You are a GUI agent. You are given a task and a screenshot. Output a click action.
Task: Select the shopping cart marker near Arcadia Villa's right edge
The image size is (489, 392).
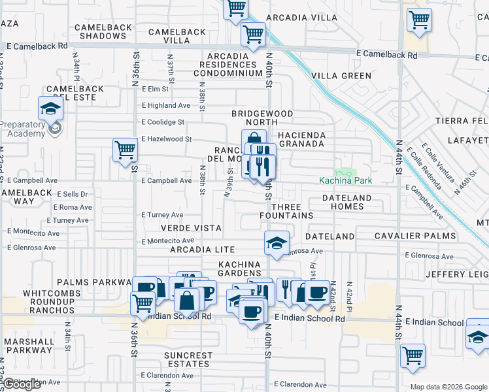(x=418, y=20)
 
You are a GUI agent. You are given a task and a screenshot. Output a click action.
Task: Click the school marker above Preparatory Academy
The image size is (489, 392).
(x=50, y=108)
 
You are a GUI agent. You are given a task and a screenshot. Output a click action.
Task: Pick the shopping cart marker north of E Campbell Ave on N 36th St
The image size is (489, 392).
(x=124, y=150)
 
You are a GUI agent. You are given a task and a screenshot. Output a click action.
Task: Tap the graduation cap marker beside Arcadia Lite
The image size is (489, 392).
(x=277, y=243)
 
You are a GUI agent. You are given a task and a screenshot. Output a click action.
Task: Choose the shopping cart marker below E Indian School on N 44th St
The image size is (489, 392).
(x=413, y=356)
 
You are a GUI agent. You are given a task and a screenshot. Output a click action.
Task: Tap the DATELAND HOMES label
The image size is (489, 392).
(x=343, y=202)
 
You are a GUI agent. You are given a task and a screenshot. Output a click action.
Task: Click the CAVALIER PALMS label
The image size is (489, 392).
(x=409, y=236)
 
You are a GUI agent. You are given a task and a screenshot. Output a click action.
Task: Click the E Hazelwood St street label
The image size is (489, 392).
(x=166, y=139)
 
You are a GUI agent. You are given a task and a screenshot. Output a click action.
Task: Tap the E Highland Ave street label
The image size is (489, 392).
(x=165, y=105)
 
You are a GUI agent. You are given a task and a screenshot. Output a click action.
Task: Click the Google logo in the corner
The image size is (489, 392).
(x=22, y=384)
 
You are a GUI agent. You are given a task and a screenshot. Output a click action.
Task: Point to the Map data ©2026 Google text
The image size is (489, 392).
(x=448, y=387)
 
